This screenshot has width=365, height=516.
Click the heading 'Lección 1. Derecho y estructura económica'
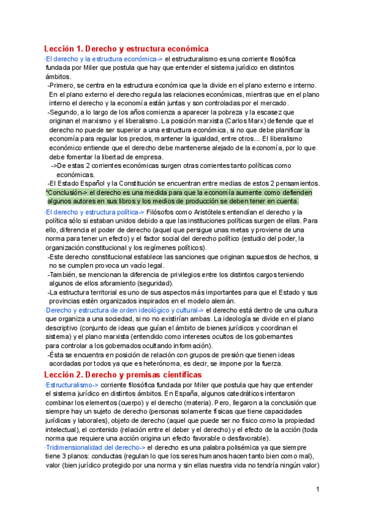(x=127, y=49)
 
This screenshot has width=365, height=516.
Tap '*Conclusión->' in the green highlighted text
(x=68, y=192)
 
